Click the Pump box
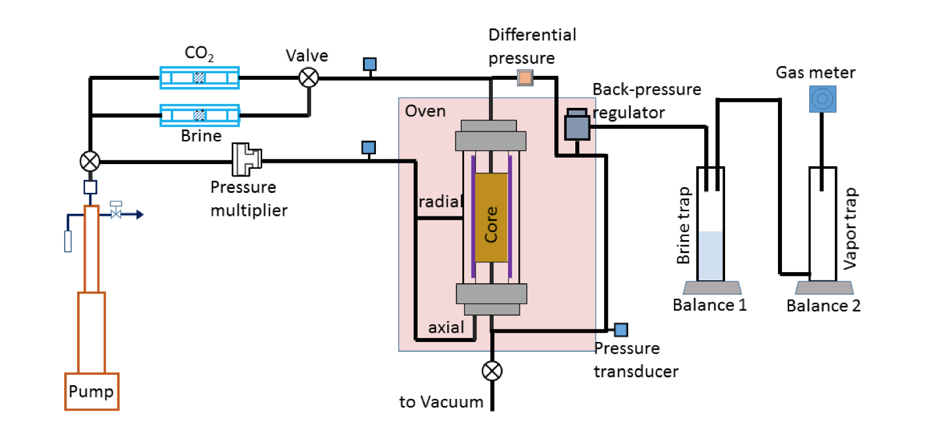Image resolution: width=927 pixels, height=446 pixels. coord(92,391)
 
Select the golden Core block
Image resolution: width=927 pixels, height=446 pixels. coord(491,217)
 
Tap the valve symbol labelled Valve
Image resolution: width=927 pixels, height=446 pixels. coord(309,77)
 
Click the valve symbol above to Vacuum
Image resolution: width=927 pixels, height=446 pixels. coord(492,371)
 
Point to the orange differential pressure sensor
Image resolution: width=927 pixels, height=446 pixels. coord(525,77)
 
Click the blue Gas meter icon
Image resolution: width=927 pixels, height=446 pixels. coord(822,99)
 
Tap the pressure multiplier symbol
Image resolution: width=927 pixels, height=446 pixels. coord(246,159)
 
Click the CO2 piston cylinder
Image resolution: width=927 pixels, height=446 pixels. coord(199,78)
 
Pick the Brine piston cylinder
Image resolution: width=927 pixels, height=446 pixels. coord(199,115)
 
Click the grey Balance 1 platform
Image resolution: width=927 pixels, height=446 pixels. coord(712,287)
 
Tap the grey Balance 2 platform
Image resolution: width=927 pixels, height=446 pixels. coord(824,287)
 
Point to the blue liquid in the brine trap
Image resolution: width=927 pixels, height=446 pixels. coord(711,255)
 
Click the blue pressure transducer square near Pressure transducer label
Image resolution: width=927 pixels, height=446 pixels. coord(621,330)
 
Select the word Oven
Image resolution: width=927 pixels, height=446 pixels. coord(425,111)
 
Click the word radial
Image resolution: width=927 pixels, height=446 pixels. coord(440,201)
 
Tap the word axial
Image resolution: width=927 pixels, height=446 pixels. coord(446,328)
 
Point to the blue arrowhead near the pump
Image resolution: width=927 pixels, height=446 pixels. coord(140,214)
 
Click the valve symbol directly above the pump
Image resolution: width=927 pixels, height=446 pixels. coord(90,161)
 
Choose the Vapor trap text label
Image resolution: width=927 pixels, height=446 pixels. coord(851,229)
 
